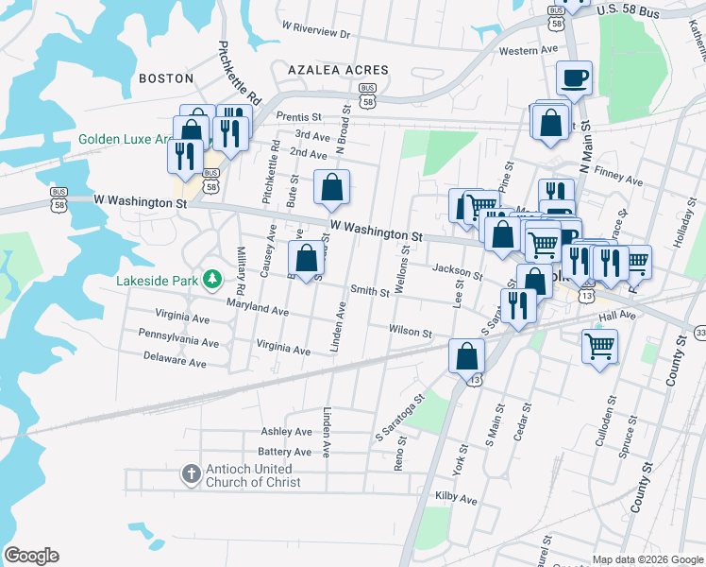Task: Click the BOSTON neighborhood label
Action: click(x=166, y=78)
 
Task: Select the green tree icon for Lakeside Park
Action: click(x=214, y=279)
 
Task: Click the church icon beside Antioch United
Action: click(x=190, y=473)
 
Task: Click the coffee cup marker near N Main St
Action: click(x=573, y=78)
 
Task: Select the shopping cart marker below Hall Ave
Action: click(x=599, y=346)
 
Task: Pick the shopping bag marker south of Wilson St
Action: click(x=466, y=355)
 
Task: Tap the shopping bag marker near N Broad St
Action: click(x=331, y=188)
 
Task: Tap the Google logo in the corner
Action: click(x=30, y=556)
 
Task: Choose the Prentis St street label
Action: click(x=299, y=116)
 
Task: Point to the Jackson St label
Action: click(x=458, y=272)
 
